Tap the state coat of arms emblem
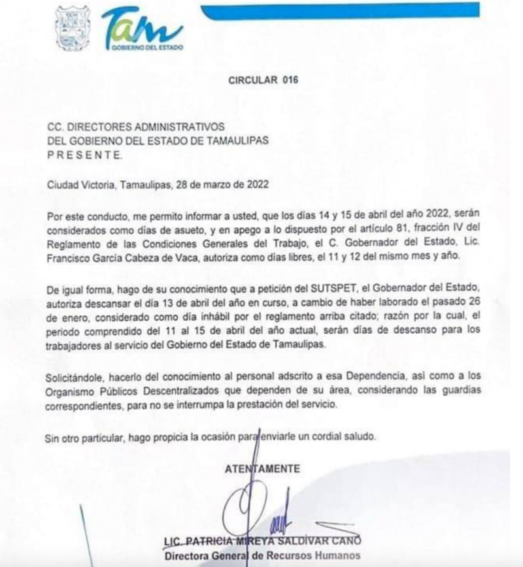(72, 28)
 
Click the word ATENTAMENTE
(263, 468)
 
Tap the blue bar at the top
(340, 10)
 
